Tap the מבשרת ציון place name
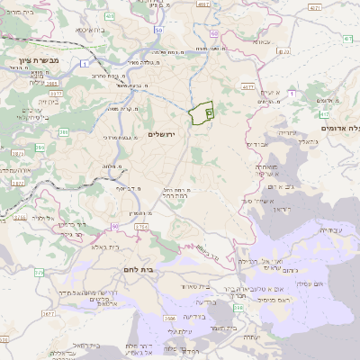coord(27,59)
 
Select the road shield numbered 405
coord(110,16)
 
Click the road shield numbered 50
coord(158,30)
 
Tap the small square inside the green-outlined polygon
coord(209,113)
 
